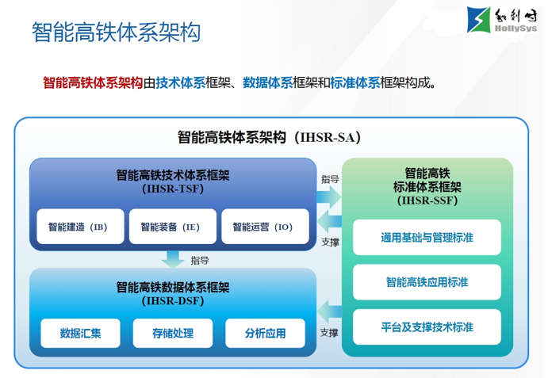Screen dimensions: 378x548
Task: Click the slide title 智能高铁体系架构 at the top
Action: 116,32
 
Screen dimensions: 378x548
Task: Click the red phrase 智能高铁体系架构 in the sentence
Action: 93,82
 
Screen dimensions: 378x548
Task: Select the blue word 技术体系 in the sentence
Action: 181,82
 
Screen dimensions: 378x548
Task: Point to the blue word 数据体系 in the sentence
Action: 268,82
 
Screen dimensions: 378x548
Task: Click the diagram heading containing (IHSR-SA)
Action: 270,137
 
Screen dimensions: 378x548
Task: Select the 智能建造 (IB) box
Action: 80,227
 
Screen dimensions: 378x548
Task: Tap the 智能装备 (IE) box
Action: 172,227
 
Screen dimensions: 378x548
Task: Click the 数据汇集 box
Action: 80,333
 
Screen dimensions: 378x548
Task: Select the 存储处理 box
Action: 172,333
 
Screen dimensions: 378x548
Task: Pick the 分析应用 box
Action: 265,333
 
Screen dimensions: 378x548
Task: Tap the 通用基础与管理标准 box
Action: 427,238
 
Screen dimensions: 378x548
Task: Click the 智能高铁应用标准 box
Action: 427,282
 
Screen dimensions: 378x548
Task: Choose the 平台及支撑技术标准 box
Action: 427,326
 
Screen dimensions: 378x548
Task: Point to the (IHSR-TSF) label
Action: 173,189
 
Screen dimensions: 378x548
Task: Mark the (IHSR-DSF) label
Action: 173,300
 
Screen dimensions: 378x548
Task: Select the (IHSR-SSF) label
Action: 427,201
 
